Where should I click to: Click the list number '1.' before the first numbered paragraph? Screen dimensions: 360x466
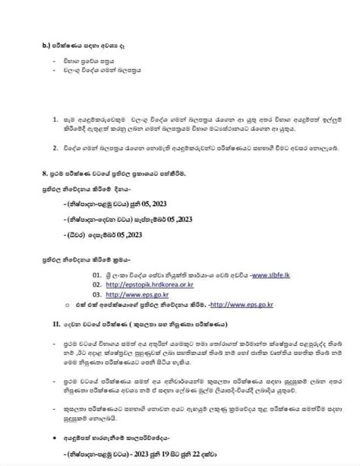[55, 119]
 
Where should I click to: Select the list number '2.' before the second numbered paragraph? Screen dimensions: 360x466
[55, 144]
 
